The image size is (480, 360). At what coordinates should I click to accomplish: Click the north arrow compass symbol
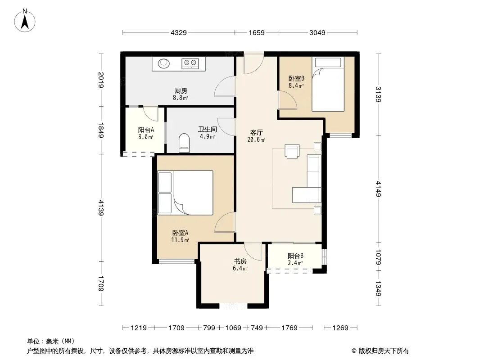tap(25, 21)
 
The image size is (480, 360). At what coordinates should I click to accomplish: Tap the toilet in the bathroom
tap(184, 143)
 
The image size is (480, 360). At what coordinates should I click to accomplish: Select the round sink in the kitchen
tap(164, 63)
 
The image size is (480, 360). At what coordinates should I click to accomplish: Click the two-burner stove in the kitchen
tap(190, 63)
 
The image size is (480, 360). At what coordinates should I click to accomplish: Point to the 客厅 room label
tap(256, 133)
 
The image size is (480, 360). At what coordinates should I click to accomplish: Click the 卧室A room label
tap(180, 233)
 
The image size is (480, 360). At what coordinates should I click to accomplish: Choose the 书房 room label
tap(240, 261)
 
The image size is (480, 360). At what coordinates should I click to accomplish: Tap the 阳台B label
tap(295, 256)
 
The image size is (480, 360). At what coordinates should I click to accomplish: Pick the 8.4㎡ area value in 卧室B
tap(296, 85)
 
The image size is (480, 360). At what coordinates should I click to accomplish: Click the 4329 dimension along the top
tap(178, 32)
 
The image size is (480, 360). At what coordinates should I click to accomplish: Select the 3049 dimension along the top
tap(317, 32)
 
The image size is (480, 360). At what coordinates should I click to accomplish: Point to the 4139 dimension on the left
tap(101, 207)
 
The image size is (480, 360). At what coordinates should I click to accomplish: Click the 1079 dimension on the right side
tap(379, 257)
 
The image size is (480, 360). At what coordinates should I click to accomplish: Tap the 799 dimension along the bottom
tap(209, 328)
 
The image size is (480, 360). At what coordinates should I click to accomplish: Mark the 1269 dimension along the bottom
tap(340, 328)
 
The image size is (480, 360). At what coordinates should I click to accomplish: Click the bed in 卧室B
tap(328, 84)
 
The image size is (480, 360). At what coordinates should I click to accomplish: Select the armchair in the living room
tap(292, 151)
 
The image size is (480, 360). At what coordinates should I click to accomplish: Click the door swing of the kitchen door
tap(224, 86)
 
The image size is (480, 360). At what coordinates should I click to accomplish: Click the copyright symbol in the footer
tap(354, 351)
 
